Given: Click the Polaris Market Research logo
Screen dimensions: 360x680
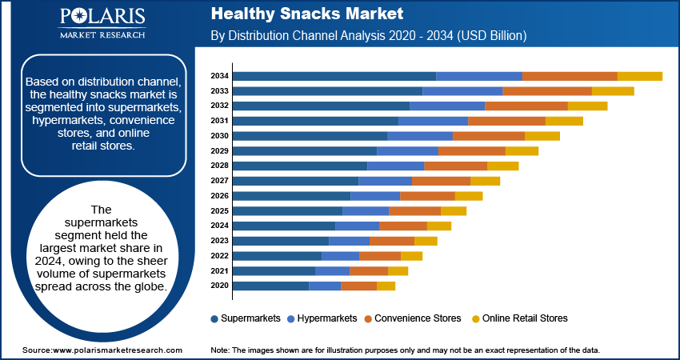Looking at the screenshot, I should (102, 23).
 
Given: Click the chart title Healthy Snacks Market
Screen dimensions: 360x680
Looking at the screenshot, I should (306, 14).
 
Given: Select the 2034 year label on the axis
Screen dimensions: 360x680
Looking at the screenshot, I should (220, 76).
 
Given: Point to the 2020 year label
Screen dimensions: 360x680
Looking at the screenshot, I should (220, 286).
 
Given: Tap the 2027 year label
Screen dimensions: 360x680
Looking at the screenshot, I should (220, 181).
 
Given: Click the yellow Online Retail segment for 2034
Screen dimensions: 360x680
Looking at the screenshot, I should (640, 76).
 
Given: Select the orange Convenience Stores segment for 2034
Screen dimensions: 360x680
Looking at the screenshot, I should (570, 76).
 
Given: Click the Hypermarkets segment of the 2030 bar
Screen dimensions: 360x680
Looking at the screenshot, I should (420, 136).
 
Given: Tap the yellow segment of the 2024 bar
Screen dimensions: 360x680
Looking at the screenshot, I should (439, 226).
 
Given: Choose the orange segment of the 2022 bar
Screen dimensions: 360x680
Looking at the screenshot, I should (380, 256).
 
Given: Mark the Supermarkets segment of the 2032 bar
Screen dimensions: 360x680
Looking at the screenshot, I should (321, 106).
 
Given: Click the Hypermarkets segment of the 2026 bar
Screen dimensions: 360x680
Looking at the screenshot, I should (375, 196).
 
